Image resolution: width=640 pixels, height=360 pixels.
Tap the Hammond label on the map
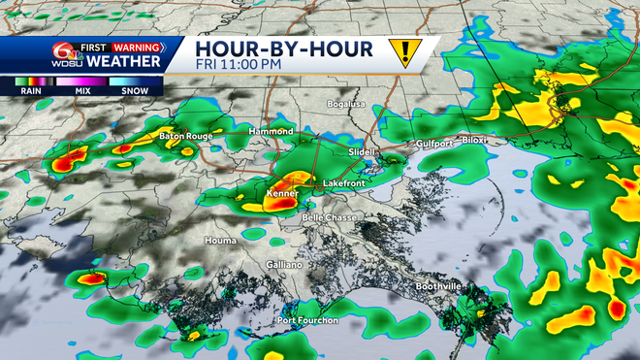(x=270, y=131)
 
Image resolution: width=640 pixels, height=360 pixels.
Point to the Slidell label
(x=361, y=152)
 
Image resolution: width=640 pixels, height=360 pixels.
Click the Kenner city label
(x=281, y=194)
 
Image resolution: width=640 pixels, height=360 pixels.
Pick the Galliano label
(x=285, y=264)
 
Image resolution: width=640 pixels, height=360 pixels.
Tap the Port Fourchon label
(x=308, y=320)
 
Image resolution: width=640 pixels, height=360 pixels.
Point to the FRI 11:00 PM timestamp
(x=238, y=65)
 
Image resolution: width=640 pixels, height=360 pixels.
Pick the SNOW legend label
(x=136, y=89)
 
